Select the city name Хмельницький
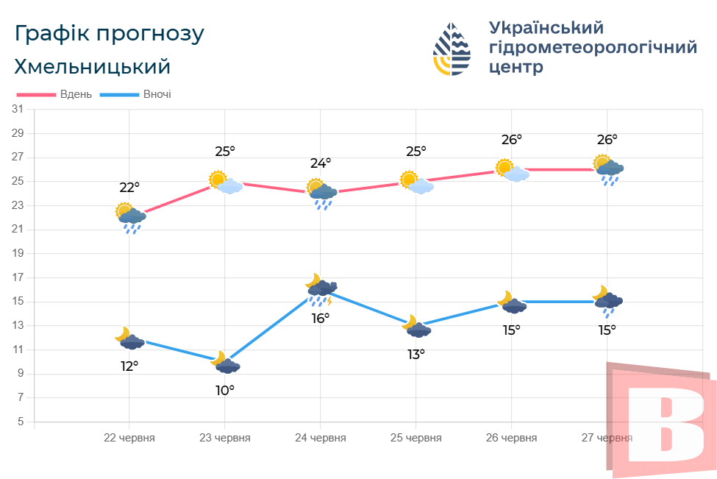pos(93,67)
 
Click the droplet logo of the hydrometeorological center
pos(452,49)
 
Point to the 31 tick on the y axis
pos(18,110)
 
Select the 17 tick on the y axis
pos(18,277)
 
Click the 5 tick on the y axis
pos(21,422)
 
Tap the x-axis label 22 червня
pos(129,438)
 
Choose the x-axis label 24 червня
pos(320,438)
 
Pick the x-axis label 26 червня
pos(511,438)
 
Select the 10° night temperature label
pos(225,390)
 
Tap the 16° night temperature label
pos(321,318)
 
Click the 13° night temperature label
pos(416,354)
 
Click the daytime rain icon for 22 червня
pos(130,218)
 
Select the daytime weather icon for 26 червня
pos(512,171)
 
